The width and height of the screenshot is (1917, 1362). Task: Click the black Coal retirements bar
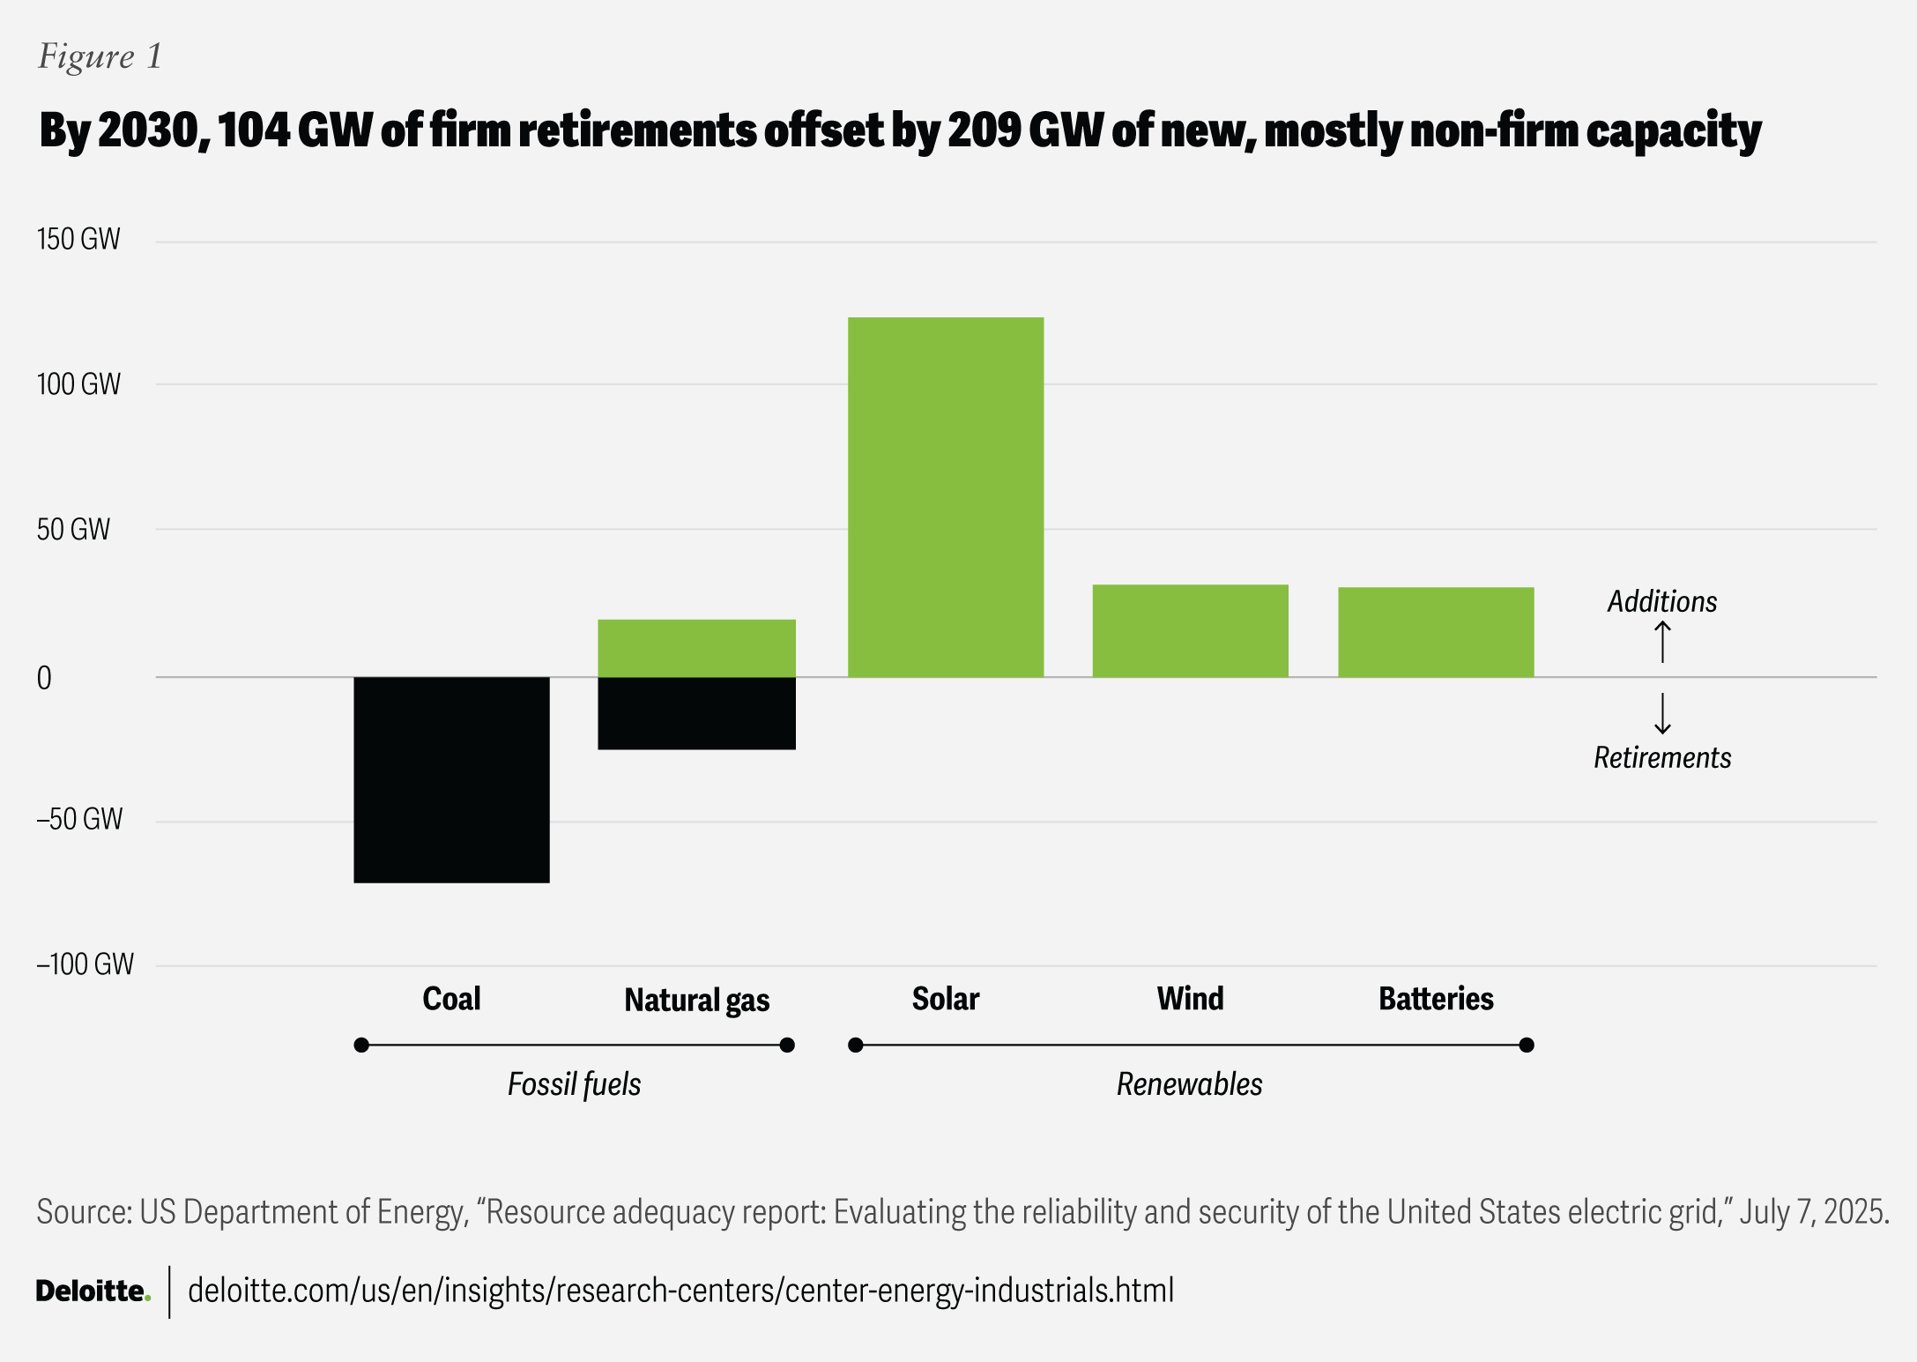451,779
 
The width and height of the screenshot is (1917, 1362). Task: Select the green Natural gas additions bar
696,648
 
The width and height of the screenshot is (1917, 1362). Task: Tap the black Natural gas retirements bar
696,713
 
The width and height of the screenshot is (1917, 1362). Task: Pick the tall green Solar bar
946,497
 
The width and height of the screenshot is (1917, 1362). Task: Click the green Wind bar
1190,630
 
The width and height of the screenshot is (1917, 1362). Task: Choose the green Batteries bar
1436,632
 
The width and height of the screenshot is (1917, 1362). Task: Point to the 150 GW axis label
78,240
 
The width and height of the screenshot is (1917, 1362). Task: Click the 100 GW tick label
78,384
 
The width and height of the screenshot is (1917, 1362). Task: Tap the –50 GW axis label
79,820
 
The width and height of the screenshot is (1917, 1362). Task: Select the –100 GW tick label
85,964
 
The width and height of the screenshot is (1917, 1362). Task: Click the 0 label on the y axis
44,678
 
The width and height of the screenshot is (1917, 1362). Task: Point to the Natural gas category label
696,1000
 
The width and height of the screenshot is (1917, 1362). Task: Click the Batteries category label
1436,999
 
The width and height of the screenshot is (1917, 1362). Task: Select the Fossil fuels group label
574,1084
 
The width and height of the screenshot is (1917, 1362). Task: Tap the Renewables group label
1189,1084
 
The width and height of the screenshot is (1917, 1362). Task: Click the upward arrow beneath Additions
1662,642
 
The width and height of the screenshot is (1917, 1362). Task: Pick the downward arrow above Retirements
1662,713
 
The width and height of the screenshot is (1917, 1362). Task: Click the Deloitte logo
93,1291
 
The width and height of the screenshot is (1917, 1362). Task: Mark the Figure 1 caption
100,56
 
